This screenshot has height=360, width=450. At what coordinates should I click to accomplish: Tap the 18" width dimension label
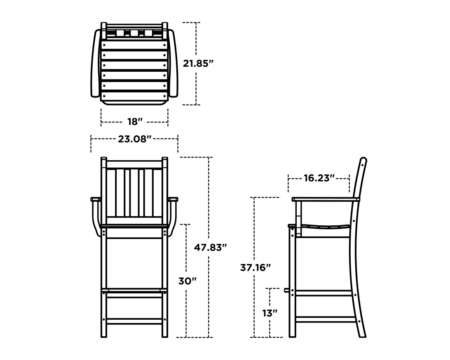tap(135, 122)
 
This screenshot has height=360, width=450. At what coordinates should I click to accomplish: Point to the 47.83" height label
tap(210, 248)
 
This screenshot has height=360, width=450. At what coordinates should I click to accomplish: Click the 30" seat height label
tap(187, 281)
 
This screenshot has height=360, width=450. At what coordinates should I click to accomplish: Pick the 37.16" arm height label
tap(255, 267)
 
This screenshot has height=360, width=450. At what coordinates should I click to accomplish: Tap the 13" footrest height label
tap(270, 313)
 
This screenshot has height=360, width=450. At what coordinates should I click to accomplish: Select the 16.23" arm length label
tap(319, 178)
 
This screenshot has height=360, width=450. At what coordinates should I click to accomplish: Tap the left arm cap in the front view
tap(96, 200)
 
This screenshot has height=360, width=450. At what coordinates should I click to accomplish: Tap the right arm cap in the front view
tap(173, 200)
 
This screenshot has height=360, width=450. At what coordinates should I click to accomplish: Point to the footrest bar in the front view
tap(134, 290)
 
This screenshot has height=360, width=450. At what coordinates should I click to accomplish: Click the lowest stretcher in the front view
tap(134, 320)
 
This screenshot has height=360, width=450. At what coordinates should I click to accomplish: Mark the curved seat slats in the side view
tap(326, 227)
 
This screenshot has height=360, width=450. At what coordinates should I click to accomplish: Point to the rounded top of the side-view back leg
tap(363, 160)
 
